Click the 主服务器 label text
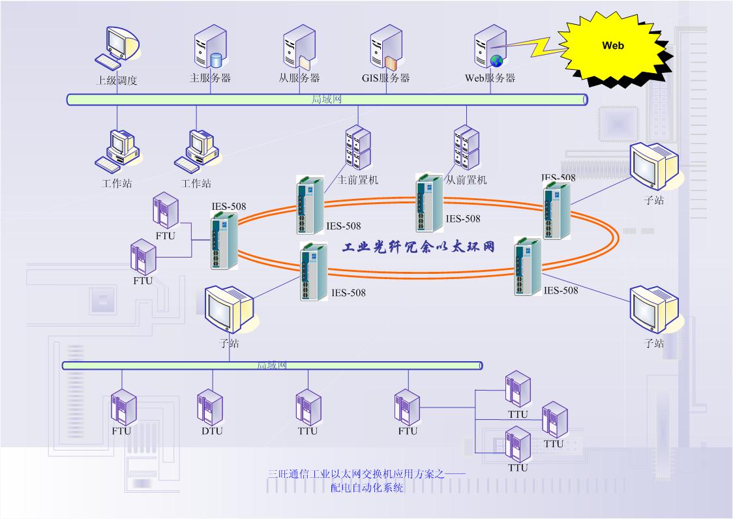(x=210, y=78)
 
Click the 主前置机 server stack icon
(x=357, y=149)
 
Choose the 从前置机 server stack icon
(x=466, y=149)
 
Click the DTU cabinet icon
(x=210, y=408)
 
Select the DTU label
(x=211, y=431)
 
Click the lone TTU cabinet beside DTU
(x=308, y=408)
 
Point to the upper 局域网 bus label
(x=327, y=99)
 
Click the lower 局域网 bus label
(x=271, y=365)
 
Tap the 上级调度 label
(x=117, y=81)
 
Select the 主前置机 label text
(x=358, y=179)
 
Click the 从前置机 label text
(x=466, y=179)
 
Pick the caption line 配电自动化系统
(x=367, y=488)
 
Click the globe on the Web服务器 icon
(x=497, y=61)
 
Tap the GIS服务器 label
(x=386, y=78)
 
